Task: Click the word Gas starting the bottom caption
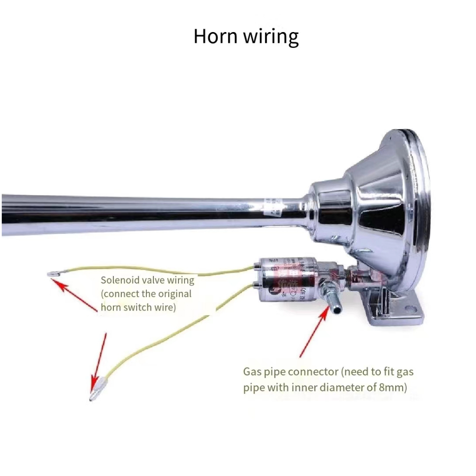click(252, 372)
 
